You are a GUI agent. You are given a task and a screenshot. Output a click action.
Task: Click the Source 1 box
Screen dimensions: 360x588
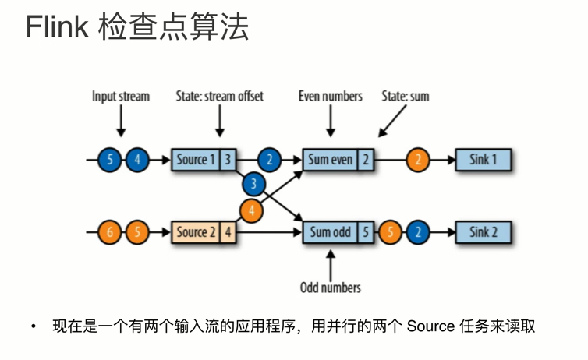point(195,160)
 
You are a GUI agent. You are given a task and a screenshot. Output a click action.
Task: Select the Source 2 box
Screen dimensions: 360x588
point(195,231)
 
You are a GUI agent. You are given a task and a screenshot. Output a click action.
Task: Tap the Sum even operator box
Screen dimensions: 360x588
point(329,160)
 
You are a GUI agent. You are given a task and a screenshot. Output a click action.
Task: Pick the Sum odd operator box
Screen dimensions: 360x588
point(329,231)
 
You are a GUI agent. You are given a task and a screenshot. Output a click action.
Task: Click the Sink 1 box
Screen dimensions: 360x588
point(483,160)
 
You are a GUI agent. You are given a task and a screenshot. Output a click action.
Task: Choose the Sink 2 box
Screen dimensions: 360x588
point(483,231)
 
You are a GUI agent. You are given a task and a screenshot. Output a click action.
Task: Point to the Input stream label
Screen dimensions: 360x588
point(120,97)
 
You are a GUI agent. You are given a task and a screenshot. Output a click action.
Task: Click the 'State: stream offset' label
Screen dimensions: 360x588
point(219,97)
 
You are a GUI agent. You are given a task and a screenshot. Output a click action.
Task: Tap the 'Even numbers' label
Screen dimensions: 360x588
point(331,97)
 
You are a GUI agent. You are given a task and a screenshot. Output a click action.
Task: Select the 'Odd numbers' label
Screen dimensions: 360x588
point(331,288)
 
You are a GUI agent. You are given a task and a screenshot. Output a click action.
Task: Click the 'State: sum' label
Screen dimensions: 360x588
point(405,97)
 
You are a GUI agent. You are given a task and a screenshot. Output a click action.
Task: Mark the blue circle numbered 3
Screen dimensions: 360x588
point(253,184)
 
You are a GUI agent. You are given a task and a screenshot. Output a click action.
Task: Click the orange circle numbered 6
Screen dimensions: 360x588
point(111,232)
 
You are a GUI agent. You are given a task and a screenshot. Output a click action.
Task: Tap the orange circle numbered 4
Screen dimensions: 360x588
point(251,209)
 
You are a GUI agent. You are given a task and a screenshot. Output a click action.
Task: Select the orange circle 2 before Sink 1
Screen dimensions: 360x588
point(418,161)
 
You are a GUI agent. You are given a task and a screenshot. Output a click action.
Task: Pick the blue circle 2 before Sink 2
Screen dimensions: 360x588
point(418,232)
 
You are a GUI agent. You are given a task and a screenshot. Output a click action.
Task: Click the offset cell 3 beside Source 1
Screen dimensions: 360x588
point(227,160)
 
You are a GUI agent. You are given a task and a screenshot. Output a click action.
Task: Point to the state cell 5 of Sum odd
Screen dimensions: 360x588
point(365,231)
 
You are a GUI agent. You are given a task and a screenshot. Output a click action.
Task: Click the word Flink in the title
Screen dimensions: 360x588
point(57,28)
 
